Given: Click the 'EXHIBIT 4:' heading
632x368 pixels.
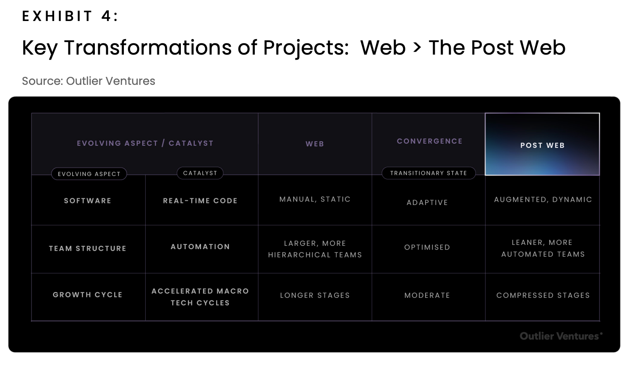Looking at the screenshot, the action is click(70, 16).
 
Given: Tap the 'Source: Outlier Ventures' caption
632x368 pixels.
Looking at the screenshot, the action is click(89, 81).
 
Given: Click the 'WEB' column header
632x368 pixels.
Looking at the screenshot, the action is click(315, 144).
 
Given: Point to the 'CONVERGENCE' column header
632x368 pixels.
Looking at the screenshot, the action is click(430, 141).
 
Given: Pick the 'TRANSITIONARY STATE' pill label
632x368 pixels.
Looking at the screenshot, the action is click(428, 173).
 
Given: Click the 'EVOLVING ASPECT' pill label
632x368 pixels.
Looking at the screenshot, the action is click(89, 174).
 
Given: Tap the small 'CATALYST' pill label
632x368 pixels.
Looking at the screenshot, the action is click(200, 173).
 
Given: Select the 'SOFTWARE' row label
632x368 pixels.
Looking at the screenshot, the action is click(88, 200).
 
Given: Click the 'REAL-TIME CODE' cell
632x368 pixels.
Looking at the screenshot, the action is click(200, 200).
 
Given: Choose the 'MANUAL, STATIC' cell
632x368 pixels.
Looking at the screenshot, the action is click(315, 200).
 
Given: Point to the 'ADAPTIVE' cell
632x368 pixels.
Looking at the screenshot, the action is click(427, 202).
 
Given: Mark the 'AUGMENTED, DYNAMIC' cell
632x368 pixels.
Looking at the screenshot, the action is click(543, 200).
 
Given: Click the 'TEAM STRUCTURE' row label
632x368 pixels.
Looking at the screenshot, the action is click(88, 248).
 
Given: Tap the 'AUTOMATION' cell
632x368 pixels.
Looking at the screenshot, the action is click(200, 247).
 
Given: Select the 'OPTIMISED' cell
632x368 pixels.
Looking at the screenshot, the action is click(427, 247).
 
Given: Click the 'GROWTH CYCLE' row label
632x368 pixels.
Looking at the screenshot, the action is click(88, 294).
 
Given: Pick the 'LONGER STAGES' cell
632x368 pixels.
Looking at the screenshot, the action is click(315, 295).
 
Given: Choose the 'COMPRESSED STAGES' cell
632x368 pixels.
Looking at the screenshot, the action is click(543, 295).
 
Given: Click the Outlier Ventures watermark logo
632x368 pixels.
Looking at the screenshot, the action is click(561, 336).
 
